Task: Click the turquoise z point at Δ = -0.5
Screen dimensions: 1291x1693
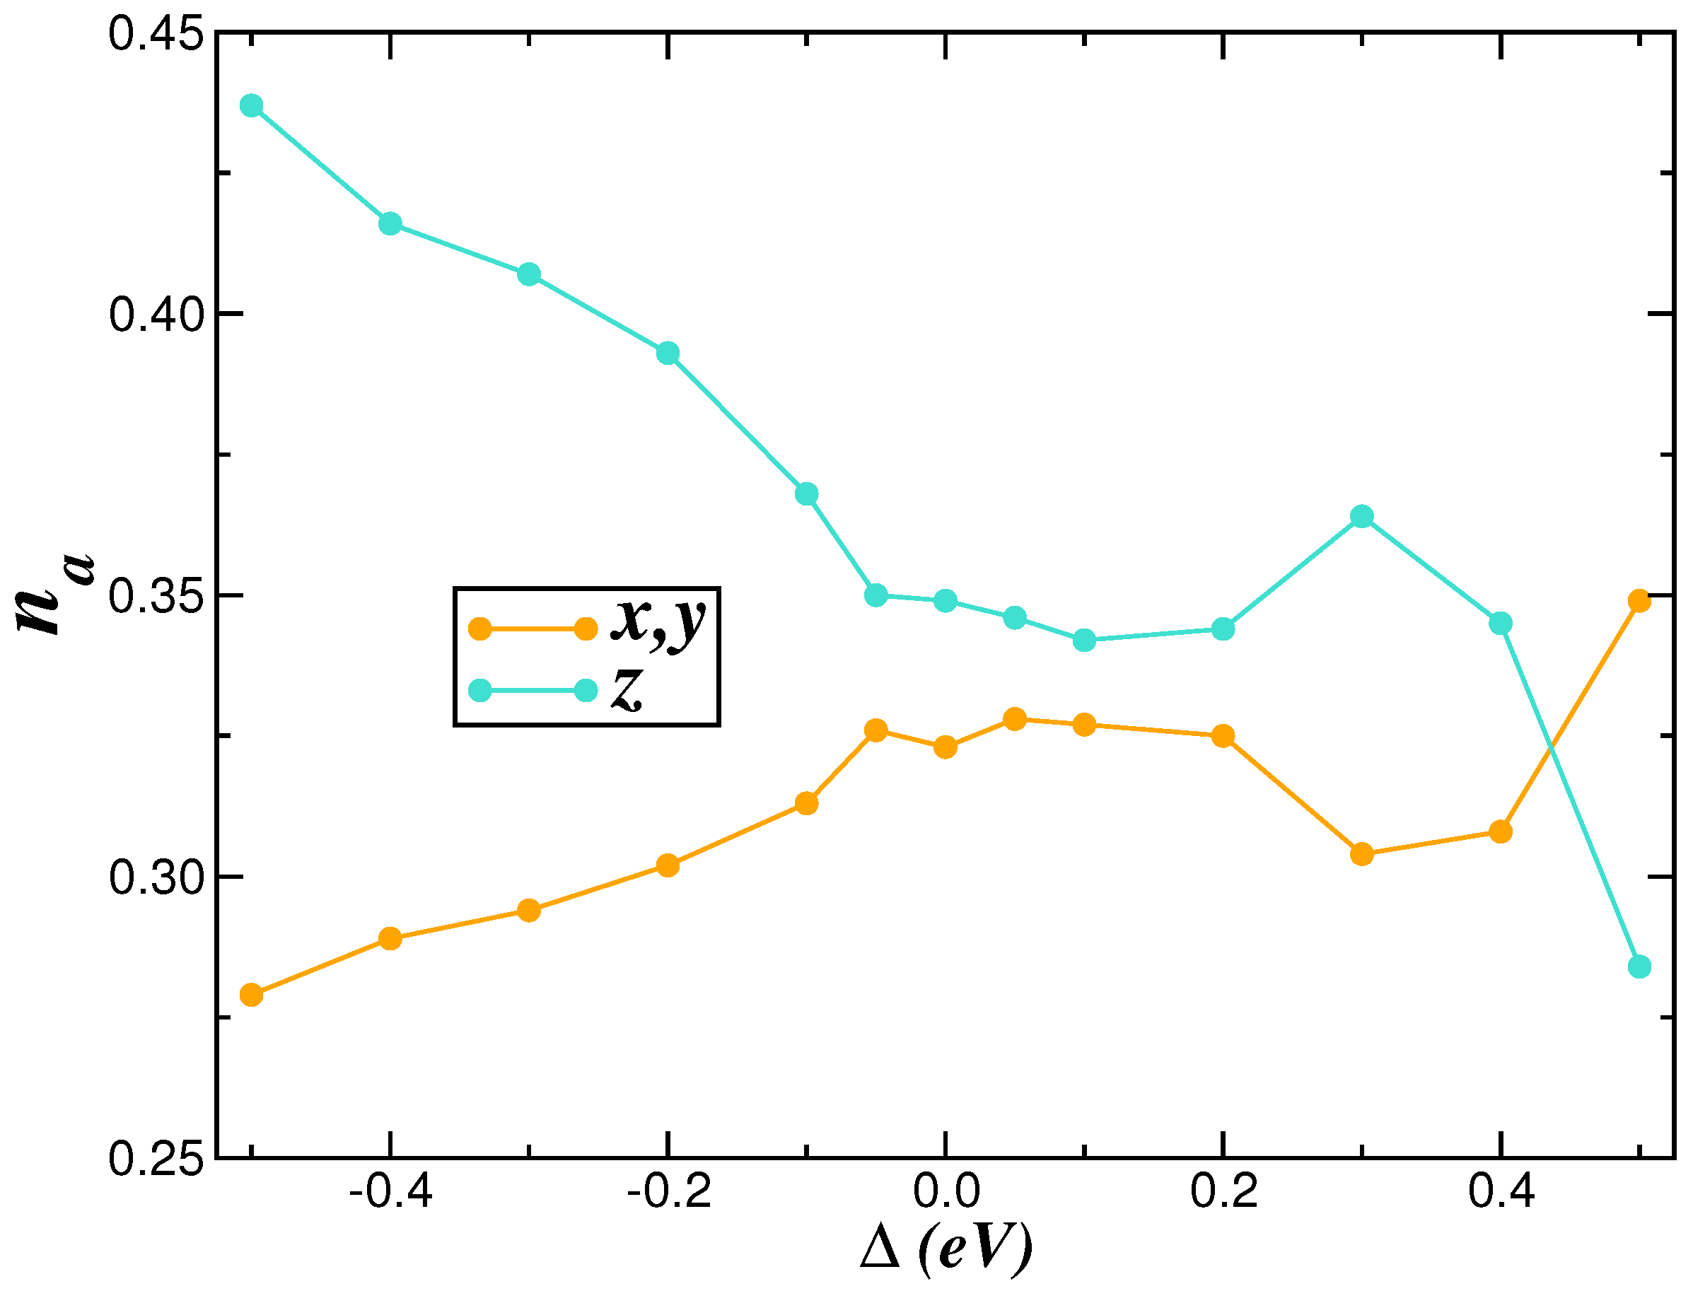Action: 251,106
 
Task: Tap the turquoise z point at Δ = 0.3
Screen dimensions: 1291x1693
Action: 1362,516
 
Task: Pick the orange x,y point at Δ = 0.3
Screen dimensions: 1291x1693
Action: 1362,854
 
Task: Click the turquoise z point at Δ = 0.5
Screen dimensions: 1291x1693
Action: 1639,966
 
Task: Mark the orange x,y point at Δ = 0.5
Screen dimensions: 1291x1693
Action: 1639,601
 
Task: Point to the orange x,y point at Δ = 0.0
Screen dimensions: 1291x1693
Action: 946,747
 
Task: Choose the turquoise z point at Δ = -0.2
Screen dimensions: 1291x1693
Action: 668,354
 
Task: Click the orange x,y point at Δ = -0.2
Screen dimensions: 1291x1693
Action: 668,865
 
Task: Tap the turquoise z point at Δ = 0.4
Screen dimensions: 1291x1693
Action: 1500,623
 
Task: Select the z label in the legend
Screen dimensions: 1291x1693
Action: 627,689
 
